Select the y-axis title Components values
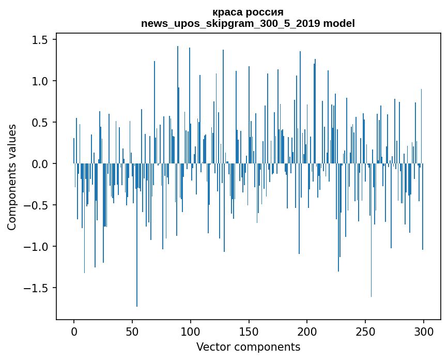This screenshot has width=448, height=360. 12,177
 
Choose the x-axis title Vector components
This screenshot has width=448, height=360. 248,347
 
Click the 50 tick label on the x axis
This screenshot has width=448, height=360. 132,331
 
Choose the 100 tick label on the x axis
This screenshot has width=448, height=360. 191,331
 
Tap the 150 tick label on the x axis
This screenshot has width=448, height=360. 249,331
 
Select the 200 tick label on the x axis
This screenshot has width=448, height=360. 307,331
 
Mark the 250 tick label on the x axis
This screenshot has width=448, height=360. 365,331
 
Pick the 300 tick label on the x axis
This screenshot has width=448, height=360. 424,331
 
